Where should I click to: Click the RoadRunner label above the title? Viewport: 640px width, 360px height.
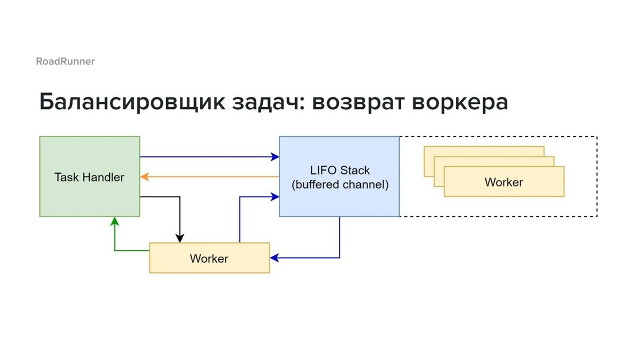65,61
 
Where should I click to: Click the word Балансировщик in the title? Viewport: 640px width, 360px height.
132,102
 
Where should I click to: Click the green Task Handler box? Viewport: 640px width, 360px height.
89,176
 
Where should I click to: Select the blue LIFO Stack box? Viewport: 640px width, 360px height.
339,176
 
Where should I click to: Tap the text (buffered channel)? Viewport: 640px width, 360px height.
340,184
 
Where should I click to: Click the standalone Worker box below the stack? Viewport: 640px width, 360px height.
209,258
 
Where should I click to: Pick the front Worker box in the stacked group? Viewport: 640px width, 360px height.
504,181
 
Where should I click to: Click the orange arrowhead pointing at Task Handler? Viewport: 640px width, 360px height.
144,177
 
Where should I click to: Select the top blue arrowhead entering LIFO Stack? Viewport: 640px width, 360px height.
275,157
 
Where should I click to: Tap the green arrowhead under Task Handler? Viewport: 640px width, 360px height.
114,221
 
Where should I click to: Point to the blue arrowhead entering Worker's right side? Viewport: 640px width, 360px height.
274,258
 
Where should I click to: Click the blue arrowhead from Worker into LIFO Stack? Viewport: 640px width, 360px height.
275,197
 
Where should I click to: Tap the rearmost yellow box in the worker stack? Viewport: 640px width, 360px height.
484,151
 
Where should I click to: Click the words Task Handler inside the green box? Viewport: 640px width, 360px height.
89,177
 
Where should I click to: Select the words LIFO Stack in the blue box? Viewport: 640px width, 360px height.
340,170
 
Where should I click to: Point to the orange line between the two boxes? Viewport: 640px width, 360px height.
209,177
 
